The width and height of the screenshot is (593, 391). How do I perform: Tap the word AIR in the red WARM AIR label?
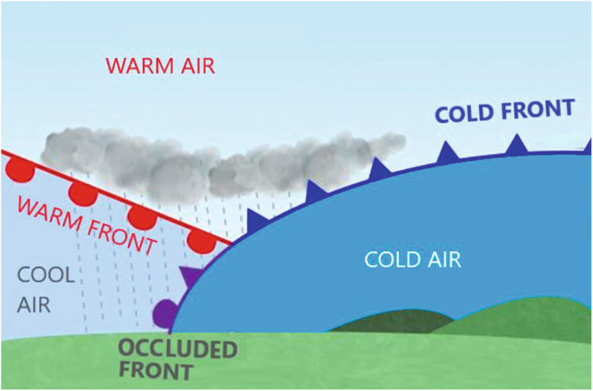(x=196, y=66)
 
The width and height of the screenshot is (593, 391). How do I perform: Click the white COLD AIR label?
(x=413, y=259)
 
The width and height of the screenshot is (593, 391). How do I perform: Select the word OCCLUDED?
(x=177, y=350)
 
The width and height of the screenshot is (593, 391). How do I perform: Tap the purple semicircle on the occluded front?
(x=163, y=311)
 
